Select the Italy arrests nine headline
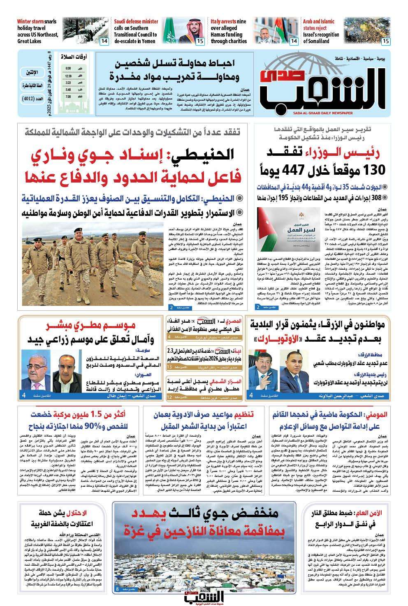pyautogui.click(x=229, y=31)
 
